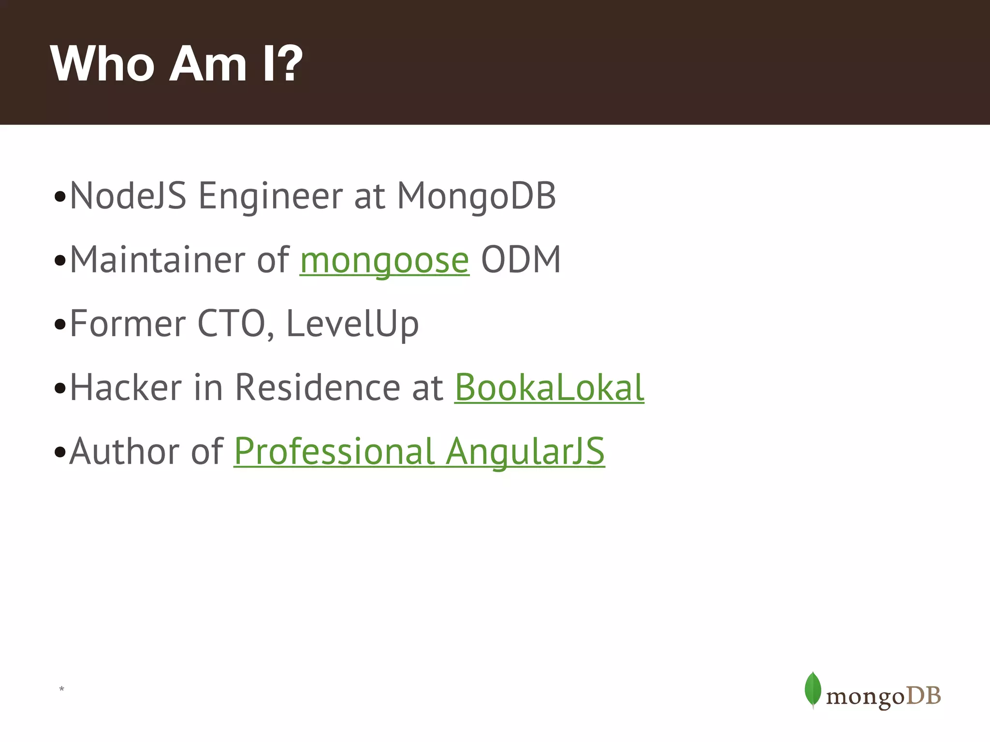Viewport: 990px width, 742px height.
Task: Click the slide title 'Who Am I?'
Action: click(x=176, y=64)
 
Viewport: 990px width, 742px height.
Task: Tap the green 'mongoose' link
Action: click(x=384, y=260)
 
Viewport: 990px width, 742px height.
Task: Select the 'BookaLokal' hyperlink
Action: click(x=549, y=387)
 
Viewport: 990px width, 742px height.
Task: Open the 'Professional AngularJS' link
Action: click(x=419, y=451)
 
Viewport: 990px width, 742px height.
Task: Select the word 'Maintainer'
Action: click(x=157, y=260)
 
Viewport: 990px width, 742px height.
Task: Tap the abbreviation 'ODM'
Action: click(x=521, y=260)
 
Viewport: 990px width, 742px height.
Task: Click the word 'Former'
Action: click(x=128, y=324)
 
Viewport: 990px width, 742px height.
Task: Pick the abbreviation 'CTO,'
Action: click(x=236, y=324)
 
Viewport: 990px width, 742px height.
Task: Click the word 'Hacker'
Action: click(x=126, y=387)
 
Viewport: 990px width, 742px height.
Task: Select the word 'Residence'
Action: click(x=318, y=387)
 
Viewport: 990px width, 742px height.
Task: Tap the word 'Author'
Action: click(x=124, y=451)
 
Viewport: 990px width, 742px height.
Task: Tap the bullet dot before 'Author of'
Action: click(x=60, y=453)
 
